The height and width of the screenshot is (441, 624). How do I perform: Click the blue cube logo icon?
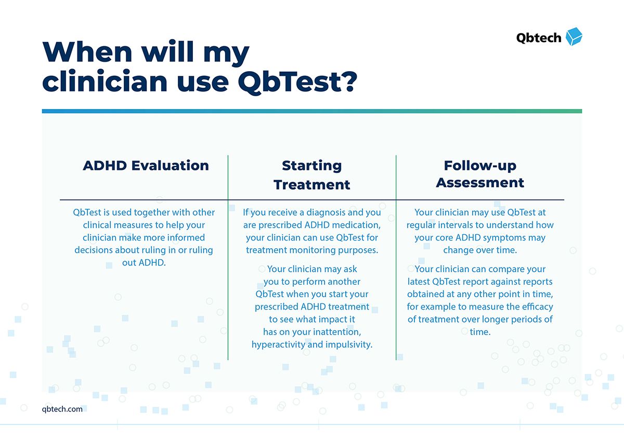tap(574, 36)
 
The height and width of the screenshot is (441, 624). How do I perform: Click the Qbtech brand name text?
tap(539, 38)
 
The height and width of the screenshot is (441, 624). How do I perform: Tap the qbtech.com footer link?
tap(62, 409)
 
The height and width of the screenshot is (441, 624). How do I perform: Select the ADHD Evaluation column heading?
tap(146, 165)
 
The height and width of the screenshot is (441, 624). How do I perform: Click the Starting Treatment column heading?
tap(311, 175)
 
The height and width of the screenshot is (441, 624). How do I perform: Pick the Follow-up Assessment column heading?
tap(480, 174)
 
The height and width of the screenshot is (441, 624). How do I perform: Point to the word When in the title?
tap(87, 51)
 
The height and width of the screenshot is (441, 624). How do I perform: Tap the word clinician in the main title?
tap(105, 81)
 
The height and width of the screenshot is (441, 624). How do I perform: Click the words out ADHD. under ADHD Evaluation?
tap(144, 262)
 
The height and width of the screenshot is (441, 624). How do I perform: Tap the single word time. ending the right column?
tap(480, 332)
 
